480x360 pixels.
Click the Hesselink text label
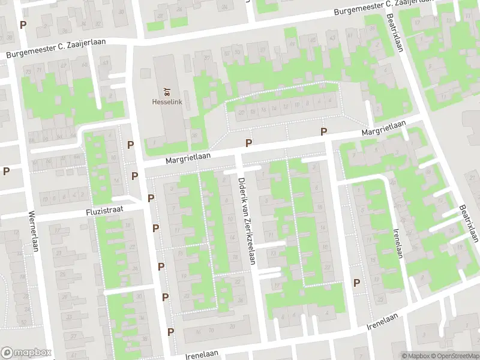pyautogui.click(x=167, y=102)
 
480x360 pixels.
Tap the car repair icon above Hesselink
pyautogui.click(x=167, y=92)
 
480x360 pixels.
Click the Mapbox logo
pyautogui.click(x=26, y=353)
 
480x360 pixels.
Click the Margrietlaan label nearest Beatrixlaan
pyautogui.click(x=383, y=128)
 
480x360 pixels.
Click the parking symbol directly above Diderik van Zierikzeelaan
pyautogui.click(x=248, y=143)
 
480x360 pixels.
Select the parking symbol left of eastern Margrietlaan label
pyautogui.click(x=324, y=132)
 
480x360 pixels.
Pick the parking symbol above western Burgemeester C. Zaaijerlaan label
pyautogui.click(x=23, y=25)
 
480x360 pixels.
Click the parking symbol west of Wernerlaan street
pyautogui.click(x=6, y=171)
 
